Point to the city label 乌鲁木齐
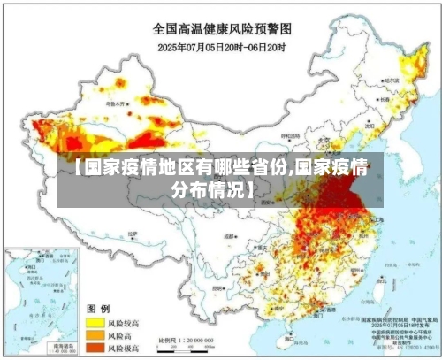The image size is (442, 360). (x=116, y=103)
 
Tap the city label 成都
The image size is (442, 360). (x=231, y=236)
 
